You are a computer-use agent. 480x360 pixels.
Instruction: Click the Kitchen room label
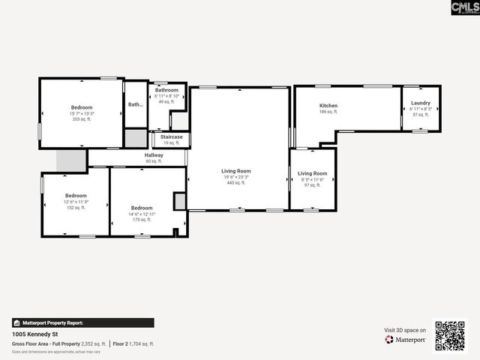pos(328,106)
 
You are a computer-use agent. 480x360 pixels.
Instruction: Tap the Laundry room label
pos(421,103)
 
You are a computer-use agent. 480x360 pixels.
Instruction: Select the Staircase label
pos(172,137)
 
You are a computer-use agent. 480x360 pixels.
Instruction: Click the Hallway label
pos(154,155)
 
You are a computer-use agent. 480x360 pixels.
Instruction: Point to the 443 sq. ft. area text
pos(236,182)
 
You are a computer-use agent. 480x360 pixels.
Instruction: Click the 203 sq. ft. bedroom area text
pos(82,119)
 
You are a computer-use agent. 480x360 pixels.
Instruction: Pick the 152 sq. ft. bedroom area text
pos(76,208)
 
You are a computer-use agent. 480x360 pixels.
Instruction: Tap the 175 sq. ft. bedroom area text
pos(142,220)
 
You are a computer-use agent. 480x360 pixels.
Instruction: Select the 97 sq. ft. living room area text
pos(312,185)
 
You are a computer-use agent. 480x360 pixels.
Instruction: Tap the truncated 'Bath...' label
pos(135,105)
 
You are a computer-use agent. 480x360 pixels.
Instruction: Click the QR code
pos(450,336)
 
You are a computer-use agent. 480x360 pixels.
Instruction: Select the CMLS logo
pos(464,7)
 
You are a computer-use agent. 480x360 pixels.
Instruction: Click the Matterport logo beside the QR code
pos(406,340)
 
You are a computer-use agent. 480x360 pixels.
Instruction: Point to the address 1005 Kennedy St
pos(35,334)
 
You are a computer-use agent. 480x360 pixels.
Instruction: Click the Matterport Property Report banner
pos(82,322)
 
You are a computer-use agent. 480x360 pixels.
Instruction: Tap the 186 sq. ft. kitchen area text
pos(328,112)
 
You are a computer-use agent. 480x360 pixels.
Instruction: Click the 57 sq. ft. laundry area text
pos(421,115)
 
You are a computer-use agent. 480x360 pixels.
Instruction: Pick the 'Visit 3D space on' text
pos(405,330)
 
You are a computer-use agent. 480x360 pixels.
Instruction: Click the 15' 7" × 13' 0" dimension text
pos(82,113)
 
